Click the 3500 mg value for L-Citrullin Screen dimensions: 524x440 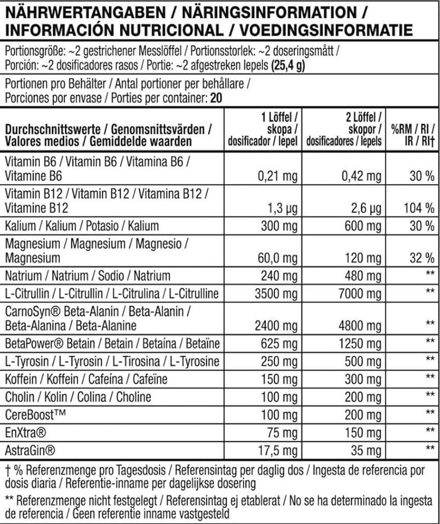pyautogui.click(x=276, y=294)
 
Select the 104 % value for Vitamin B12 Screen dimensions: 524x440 pyautogui.click(x=419, y=208)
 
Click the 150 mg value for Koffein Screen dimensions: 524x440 pyautogui.click(x=280, y=379)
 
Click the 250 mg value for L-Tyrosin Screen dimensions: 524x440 pyautogui.click(x=280, y=362)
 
